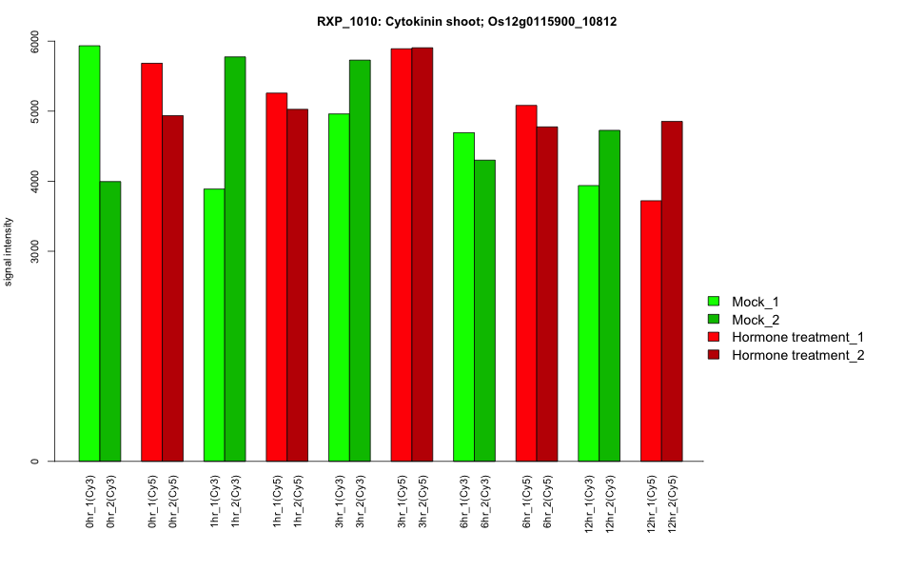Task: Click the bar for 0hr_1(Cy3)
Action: point(89,253)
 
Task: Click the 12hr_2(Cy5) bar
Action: point(672,291)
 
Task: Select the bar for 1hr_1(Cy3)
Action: point(214,325)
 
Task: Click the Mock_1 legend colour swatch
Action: point(712,301)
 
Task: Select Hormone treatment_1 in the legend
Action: point(797,337)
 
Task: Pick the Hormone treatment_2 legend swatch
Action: point(712,355)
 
